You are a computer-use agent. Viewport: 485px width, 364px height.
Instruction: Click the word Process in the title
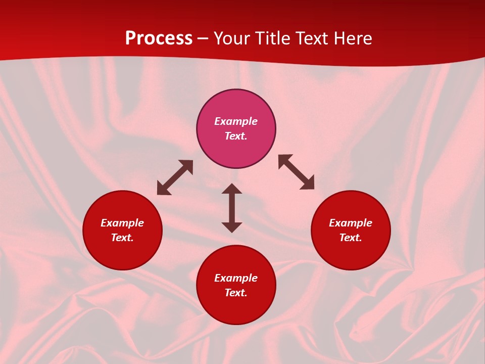point(159,38)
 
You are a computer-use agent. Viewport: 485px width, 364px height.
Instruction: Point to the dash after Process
point(203,39)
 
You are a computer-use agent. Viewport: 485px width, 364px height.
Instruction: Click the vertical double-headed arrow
point(232,208)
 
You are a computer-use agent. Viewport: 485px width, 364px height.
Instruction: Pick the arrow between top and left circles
point(175,177)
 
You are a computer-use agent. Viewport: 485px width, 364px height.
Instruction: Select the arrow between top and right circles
point(297,172)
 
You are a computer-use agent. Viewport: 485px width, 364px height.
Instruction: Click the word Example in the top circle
point(236,121)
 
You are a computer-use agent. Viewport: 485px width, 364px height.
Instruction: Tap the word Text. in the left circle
point(122,238)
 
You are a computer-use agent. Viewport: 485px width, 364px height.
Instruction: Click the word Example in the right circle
point(351,223)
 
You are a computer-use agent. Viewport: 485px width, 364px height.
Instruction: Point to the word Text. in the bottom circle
point(236,293)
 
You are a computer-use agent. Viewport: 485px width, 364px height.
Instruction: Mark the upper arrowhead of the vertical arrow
point(232,189)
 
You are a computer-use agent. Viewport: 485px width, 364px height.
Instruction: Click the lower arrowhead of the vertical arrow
point(232,227)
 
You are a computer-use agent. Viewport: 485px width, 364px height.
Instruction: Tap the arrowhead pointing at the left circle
point(163,190)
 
